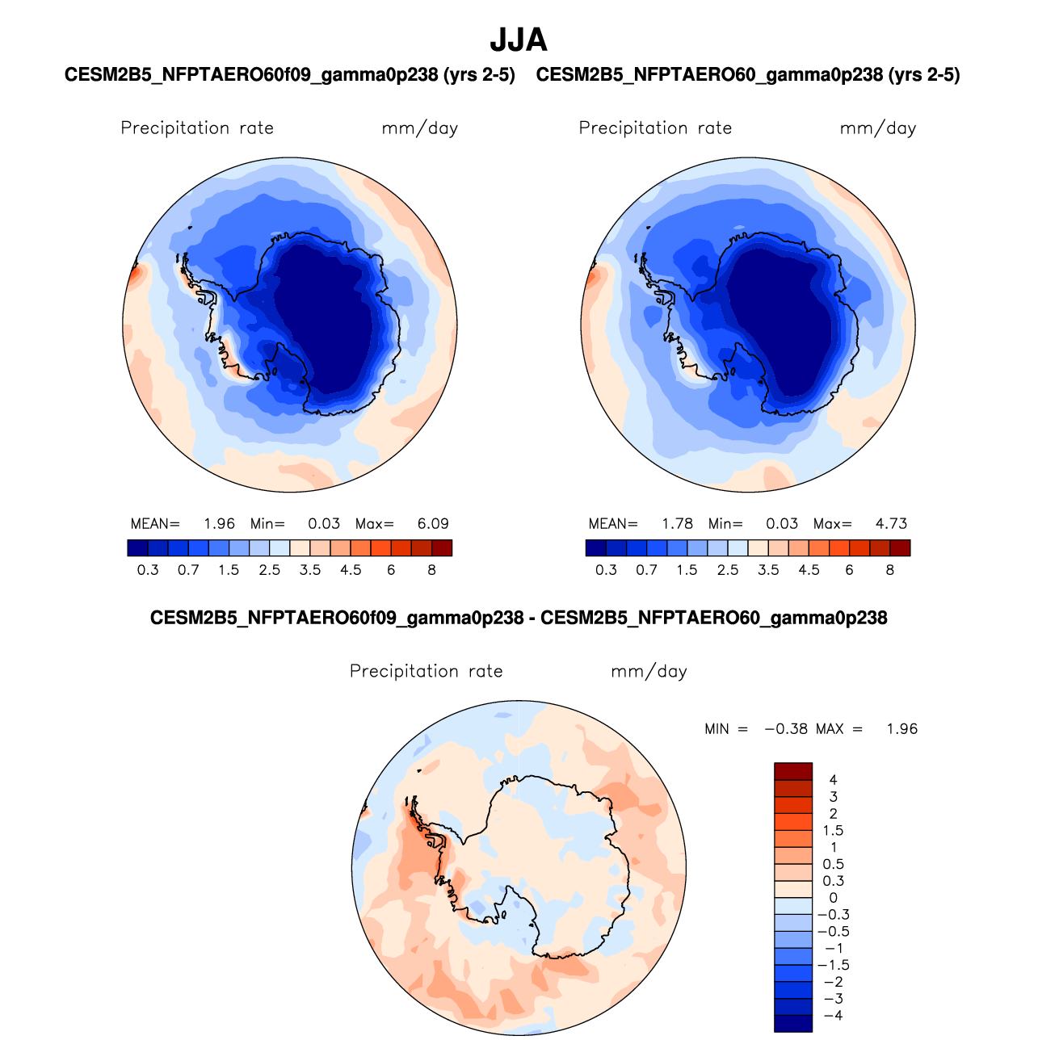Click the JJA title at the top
pyautogui.click(x=519, y=40)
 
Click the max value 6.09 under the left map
pyautogui.click(x=433, y=523)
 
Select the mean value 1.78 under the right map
pyautogui.click(x=677, y=523)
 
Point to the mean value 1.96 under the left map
pyautogui.click(x=219, y=523)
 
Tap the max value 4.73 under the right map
pyautogui.click(x=891, y=523)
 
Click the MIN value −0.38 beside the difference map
pyautogui.click(x=785, y=728)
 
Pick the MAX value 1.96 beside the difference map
pyautogui.click(x=901, y=728)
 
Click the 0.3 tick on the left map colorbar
pyautogui.click(x=148, y=570)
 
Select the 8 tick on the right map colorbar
pyautogui.click(x=890, y=570)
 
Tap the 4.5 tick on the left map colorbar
pyautogui.click(x=351, y=570)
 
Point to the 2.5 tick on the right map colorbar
pyautogui.click(x=728, y=570)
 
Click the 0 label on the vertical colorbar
pyautogui.click(x=834, y=898)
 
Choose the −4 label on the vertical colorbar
pyautogui.click(x=833, y=1016)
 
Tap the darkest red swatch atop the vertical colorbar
pyautogui.click(x=793, y=771)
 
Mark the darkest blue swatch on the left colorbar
pyautogui.click(x=138, y=548)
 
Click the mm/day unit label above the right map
pyautogui.click(x=878, y=128)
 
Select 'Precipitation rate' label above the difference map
pyautogui.click(x=426, y=672)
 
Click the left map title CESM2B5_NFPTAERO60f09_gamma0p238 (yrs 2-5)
pyautogui.click(x=290, y=75)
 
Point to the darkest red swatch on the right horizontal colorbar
pyautogui.click(x=900, y=548)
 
